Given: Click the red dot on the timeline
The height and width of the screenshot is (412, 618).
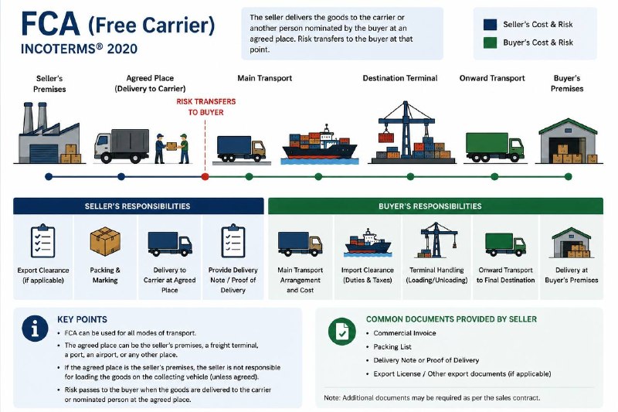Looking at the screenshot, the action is pyautogui.click(x=205, y=177).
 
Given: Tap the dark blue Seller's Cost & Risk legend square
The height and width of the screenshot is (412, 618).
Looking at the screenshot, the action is pyautogui.click(x=490, y=25).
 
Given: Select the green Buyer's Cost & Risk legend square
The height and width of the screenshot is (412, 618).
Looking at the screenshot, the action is pyautogui.click(x=490, y=43).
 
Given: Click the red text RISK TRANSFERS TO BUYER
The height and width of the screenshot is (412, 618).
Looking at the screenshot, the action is pyautogui.click(x=205, y=107).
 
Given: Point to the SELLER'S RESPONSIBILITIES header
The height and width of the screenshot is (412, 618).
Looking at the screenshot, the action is pyautogui.click(x=138, y=206).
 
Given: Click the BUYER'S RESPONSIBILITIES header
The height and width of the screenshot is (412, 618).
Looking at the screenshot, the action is pyautogui.click(x=436, y=206).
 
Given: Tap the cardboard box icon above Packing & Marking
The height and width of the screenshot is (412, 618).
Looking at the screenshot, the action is pyautogui.click(x=105, y=241).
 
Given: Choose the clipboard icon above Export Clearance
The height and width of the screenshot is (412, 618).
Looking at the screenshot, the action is pyautogui.click(x=43, y=241).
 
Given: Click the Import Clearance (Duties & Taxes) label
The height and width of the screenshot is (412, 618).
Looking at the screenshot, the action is pyautogui.click(x=368, y=275).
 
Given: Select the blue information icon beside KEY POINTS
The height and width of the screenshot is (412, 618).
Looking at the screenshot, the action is pyautogui.click(x=35, y=329).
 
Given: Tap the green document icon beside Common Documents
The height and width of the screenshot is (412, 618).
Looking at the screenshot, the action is pyautogui.click(x=341, y=331).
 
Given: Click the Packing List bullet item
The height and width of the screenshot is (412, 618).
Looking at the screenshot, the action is pyautogui.click(x=392, y=347).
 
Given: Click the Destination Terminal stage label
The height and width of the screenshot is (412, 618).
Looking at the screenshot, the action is pyautogui.click(x=399, y=78).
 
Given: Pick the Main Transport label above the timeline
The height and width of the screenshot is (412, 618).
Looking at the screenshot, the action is pyautogui.click(x=264, y=78).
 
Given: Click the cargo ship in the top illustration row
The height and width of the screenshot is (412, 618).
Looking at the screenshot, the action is pyautogui.click(x=320, y=145).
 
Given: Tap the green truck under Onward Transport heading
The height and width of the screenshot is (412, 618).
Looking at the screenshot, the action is pyautogui.click(x=494, y=148).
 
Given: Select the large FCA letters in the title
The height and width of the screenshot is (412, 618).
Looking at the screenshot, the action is pyautogui.click(x=50, y=24).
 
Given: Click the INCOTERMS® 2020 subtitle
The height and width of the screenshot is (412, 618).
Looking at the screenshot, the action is pyautogui.click(x=79, y=49).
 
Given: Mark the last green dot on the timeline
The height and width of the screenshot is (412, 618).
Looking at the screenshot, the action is pyautogui.click(x=568, y=177).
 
